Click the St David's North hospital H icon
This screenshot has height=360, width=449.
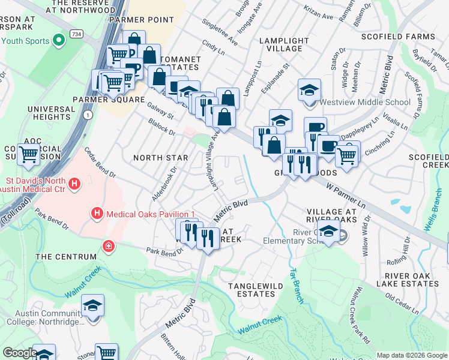click(x=74, y=184)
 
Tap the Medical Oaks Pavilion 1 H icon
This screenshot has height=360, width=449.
click(x=96, y=213)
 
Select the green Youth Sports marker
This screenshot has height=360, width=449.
click(x=58, y=41)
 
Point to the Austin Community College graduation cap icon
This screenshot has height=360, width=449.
click(x=92, y=306)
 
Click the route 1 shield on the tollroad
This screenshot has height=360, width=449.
click(x=88, y=114)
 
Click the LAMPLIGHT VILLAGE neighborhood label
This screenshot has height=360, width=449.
click(x=283, y=44)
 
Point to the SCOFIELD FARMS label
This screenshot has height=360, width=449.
click(x=397, y=37)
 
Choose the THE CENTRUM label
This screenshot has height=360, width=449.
click(x=66, y=257)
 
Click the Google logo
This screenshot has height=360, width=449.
click(x=20, y=353)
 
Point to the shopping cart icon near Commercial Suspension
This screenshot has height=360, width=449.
click(x=29, y=154)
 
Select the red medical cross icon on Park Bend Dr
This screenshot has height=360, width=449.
click(x=108, y=245)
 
